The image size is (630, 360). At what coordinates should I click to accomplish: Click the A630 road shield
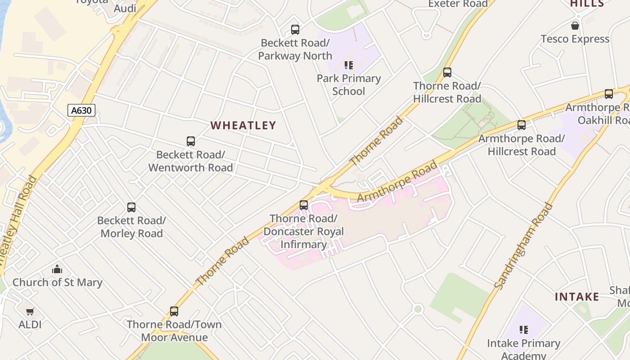tap(81, 110)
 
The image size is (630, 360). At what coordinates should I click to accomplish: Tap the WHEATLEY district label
tap(243, 126)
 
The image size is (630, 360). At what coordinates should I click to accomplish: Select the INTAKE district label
tap(577, 297)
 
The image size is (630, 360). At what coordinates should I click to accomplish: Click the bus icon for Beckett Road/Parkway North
tap(295, 30)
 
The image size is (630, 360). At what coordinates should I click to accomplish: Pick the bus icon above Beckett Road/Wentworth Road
tap(191, 141)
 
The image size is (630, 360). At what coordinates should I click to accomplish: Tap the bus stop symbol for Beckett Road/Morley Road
tap(131, 207)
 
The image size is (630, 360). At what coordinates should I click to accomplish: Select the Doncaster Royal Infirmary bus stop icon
tap(304, 205)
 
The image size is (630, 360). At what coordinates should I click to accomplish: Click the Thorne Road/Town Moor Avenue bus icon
tap(174, 311)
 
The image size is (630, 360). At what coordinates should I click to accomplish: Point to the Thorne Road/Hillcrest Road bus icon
tap(447, 72)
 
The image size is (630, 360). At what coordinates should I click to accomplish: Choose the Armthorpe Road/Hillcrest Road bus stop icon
tap(522, 125)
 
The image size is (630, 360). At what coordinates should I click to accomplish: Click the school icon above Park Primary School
tap(349, 65)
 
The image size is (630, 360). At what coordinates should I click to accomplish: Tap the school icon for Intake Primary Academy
tap(523, 330)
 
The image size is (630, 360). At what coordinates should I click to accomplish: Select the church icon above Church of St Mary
tap(57, 270)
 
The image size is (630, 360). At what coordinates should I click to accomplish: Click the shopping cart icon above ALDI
tap(30, 311)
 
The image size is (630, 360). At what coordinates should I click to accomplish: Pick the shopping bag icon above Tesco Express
tap(575, 26)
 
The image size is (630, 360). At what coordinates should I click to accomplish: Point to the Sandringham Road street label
tap(523, 246)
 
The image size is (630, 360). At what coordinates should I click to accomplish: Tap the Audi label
tap(125, 9)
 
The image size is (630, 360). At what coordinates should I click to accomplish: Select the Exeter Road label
tap(458, 4)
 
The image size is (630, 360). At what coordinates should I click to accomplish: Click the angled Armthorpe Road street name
tap(397, 181)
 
